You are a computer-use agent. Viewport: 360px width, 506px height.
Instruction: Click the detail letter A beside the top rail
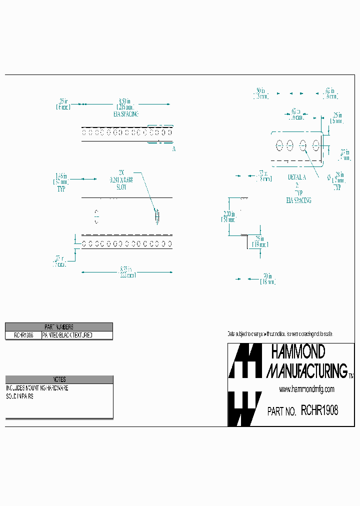pyautogui.click(x=173, y=149)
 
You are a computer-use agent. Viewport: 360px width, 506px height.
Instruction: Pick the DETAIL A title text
pyautogui.click(x=296, y=177)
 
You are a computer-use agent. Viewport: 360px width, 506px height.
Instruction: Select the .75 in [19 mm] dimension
pyautogui.click(x=259, y=241)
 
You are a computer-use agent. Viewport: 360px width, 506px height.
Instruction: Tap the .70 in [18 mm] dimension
pyautogui.click(x=266, y=278)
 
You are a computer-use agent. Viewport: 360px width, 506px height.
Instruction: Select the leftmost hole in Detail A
pyautogui.click(x=279, y=145)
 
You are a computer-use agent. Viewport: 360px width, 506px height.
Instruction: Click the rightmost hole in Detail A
pyautogui.click(x=316, y=145)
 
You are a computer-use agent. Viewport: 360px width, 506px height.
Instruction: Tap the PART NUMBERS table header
pyautogui.click(x=59, y=326)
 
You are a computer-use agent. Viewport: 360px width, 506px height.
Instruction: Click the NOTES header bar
pyautogui.click(x=59, y=379)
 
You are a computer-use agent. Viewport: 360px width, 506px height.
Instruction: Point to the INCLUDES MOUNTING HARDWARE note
pyautogui.click(x=37, y=388)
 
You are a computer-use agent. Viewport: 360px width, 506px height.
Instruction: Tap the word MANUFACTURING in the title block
pyautogui.click(x=307, y=371)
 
